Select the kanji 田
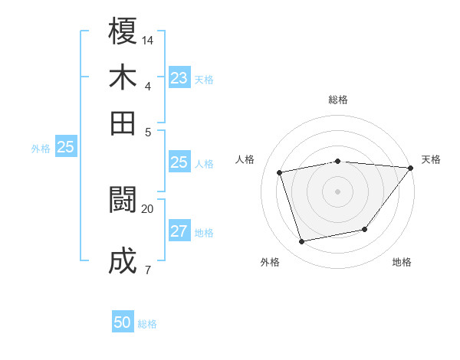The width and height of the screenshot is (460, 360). coord(123,123)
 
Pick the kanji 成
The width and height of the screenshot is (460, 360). coord(123,261)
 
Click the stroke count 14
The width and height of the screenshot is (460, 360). coord(148,39)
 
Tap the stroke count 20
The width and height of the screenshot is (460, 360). coord(148,208)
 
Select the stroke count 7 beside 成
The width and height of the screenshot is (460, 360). coord(147,269)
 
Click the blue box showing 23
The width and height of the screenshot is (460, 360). coord(179,78)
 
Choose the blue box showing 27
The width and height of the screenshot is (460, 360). coord(179,232)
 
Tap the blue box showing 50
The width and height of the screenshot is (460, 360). coord(123,323)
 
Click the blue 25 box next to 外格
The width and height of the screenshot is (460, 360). coord(65,148)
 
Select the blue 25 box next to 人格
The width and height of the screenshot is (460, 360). coord(179,162)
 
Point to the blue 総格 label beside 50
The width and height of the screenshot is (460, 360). coord(147,324)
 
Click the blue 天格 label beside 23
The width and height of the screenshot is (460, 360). coord(204,80)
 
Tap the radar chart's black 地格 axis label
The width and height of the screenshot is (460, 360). coord(402,262)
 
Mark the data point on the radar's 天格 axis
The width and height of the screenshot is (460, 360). coord(410,168)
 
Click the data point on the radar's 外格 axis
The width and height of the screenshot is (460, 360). coord(302,242)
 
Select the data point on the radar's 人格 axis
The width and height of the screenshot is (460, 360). coord(280,172)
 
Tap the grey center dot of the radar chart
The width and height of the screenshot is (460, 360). coord(337,191)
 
